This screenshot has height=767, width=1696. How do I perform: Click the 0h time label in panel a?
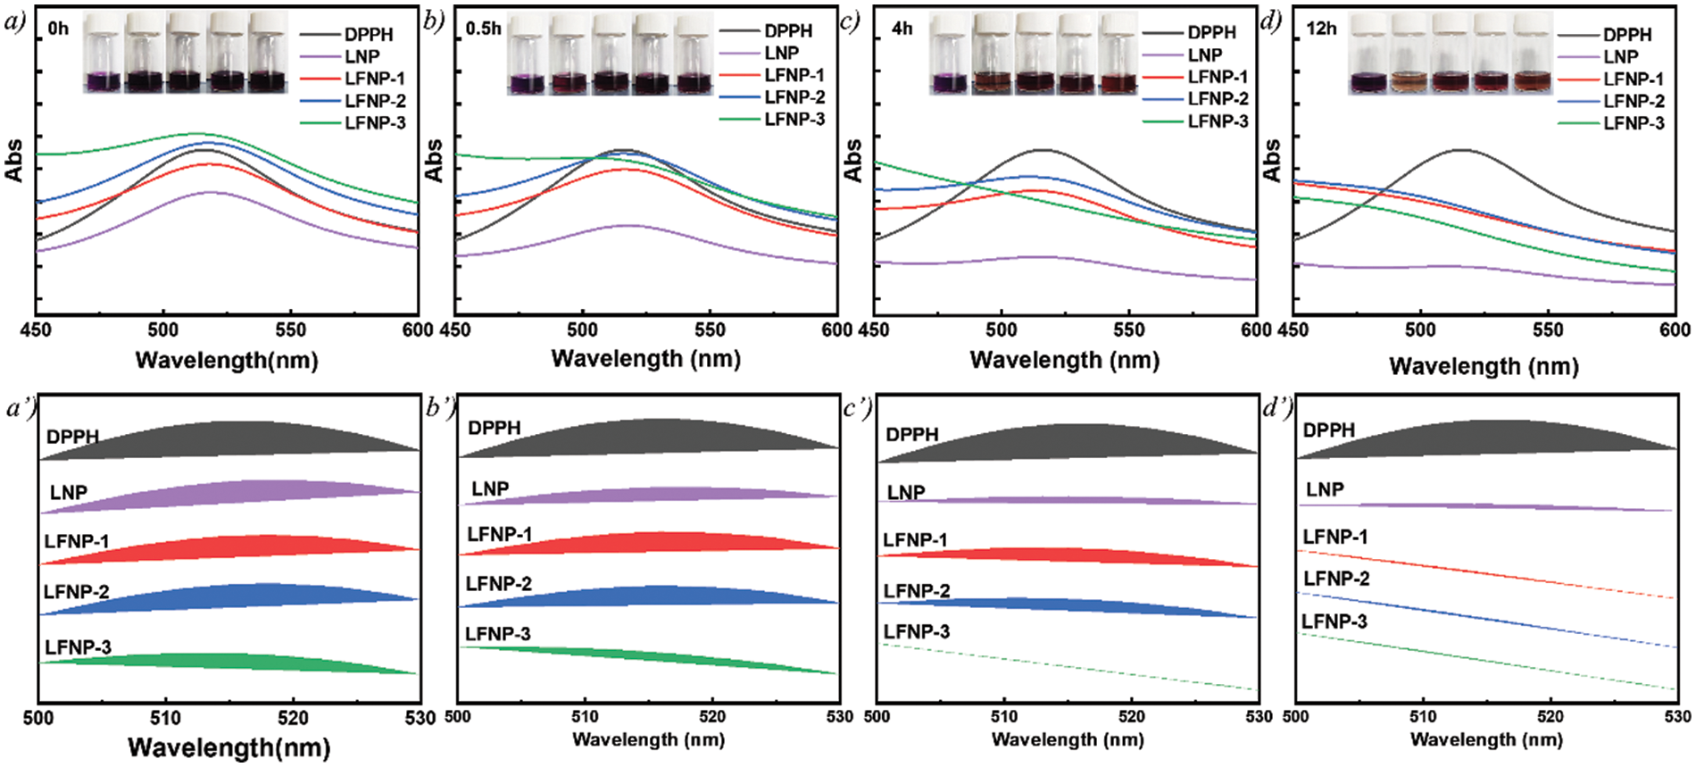pyautogui.click(x=58, y=29)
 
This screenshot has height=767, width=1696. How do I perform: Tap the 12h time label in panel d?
pyautogui.click(x=1321, y=29)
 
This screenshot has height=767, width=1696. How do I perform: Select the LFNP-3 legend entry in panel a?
pyautogui.click(x=375, y=123)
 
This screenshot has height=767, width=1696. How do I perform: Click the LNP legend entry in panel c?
pyautogui.click(x=1205, y=54)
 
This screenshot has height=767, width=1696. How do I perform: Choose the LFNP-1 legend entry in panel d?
pyautogui.click(x=1634, y=79)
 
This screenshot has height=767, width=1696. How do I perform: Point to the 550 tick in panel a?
pyautogui.click(x=290, y=330)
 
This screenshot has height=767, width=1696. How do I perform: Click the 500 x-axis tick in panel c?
pyautogui.click(x=1001, y=330)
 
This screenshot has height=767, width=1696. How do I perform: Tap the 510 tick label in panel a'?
pyautogui.click(x=165, y=718)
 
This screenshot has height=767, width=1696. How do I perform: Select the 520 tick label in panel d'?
pyautogui.click(x=1551, y=716)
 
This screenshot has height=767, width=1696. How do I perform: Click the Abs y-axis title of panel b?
pyautogui.click(x=434, y=161)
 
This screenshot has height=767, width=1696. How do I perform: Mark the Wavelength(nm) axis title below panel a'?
pyautogui.click(x=229, y=747)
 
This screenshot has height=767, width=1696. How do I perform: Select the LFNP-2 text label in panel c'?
pyautogui.click(x=917, y=591)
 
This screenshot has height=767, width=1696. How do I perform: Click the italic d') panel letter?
pyautogui.click(x=1276, y=408)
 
